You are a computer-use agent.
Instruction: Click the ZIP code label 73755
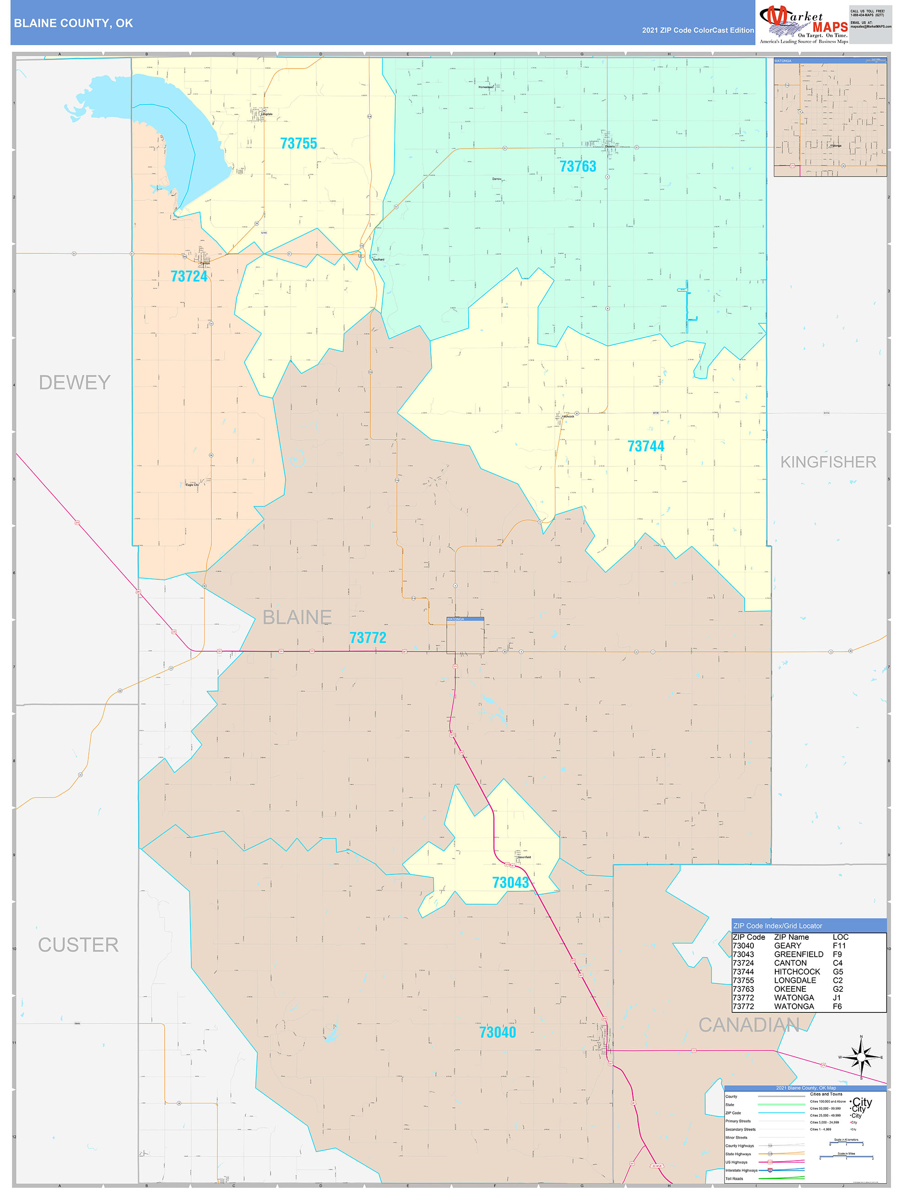298,144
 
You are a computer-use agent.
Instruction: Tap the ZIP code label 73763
578,166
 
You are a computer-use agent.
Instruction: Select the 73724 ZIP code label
189,276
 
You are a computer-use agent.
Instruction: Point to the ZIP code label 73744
645,446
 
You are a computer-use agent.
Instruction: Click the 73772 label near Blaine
368,637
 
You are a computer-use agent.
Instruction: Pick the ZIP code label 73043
510,883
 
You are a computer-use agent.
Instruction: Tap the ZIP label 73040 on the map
497,1032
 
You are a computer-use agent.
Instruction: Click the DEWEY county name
74,382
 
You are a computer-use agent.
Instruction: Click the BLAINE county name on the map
297,617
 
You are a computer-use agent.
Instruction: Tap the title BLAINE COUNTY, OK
73,23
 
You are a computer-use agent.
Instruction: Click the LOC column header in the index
840,937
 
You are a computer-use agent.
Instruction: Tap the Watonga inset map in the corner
830,117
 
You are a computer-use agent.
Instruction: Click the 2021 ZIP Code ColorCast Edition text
698,30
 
